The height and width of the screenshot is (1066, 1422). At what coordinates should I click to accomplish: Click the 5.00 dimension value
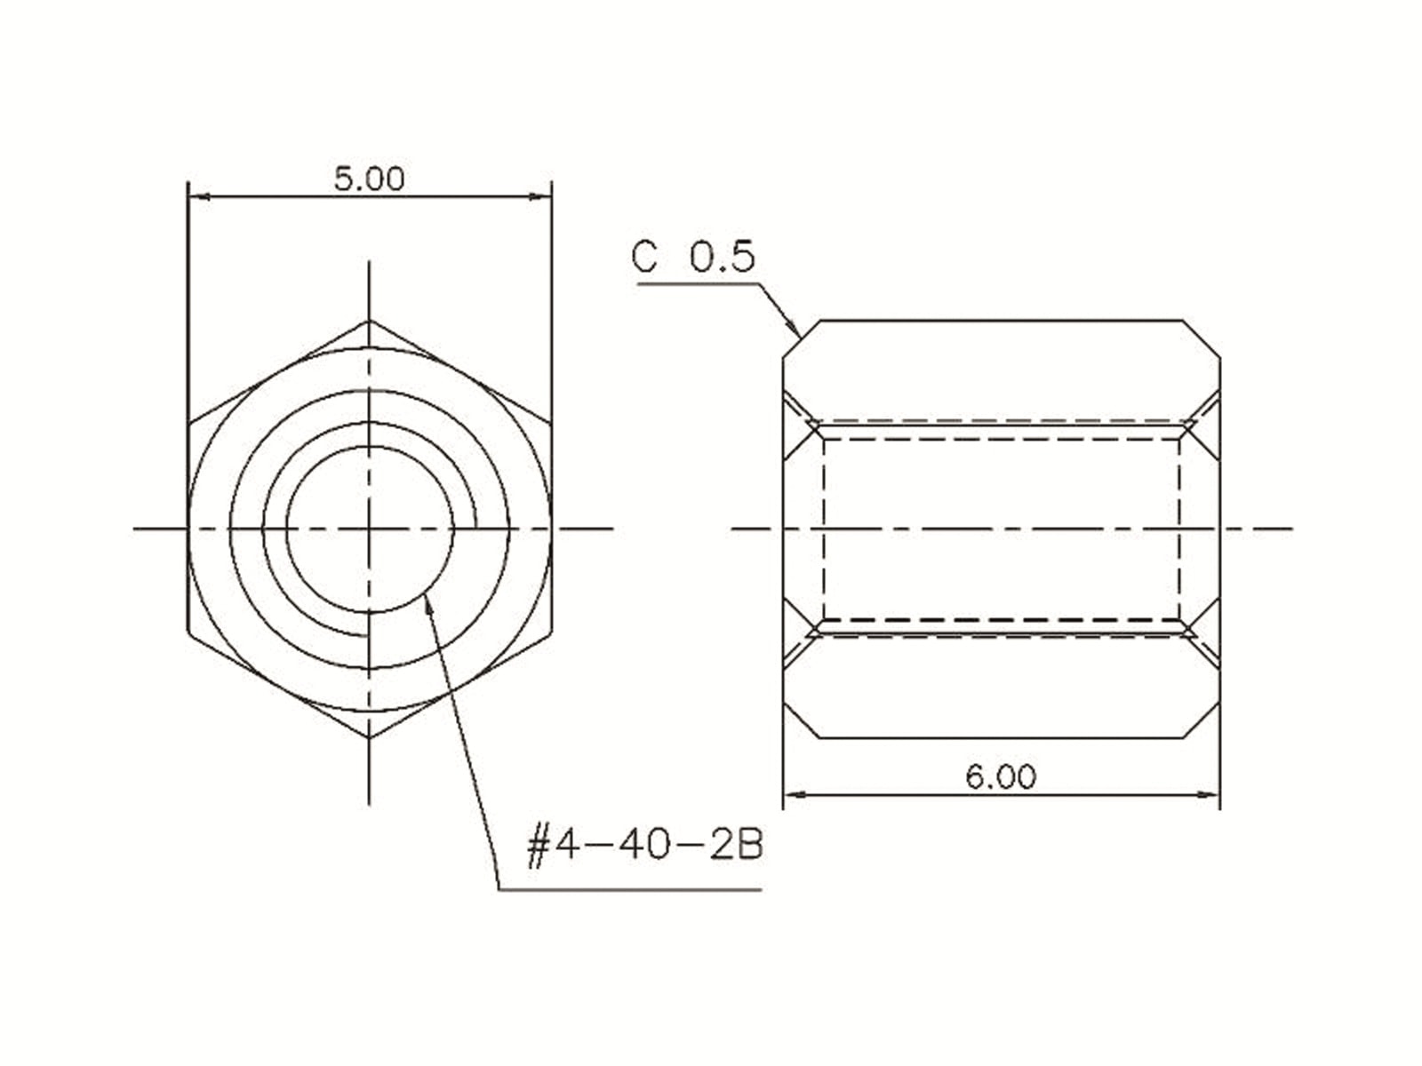tap(369, 179)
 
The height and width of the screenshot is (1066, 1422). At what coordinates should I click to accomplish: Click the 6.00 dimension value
tap(1001, 776)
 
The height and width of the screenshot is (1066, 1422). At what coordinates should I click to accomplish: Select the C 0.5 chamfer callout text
tap(693, 257)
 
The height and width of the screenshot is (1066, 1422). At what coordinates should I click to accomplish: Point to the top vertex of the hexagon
tap(369, 321)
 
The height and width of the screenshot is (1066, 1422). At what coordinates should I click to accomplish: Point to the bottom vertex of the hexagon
tap(369, 737)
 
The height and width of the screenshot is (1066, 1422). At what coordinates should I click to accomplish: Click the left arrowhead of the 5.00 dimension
tap(200, 196)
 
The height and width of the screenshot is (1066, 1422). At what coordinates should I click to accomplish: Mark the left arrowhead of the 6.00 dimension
tap(795, 795)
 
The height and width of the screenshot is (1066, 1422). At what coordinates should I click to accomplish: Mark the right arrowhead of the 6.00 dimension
tap(1208, 795)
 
